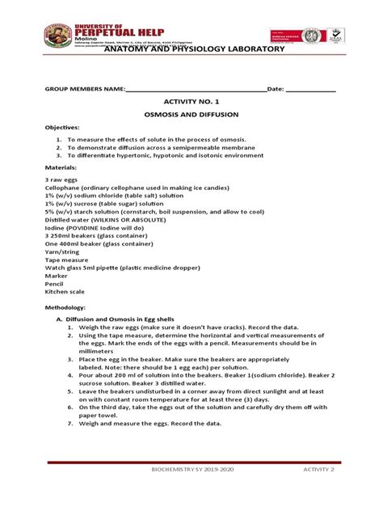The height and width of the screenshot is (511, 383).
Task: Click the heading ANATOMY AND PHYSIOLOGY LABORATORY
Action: [x=191, y=50]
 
